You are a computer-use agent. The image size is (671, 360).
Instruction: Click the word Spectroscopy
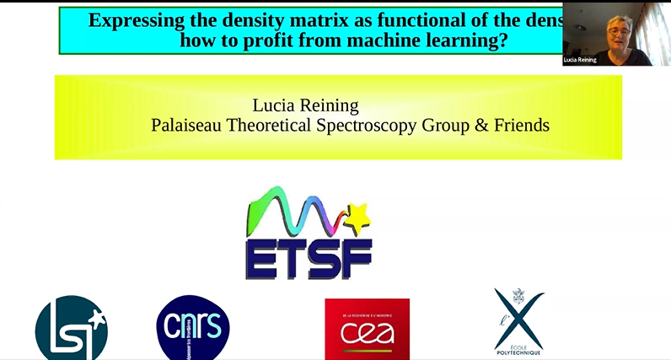[393, 126]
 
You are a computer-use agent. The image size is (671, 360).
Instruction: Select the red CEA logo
[367, 329]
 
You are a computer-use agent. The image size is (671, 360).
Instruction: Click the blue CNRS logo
[193, 328]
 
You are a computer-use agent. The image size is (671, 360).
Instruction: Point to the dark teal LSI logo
[72, 329]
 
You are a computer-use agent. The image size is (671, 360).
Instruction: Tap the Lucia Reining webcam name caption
[580, 60]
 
